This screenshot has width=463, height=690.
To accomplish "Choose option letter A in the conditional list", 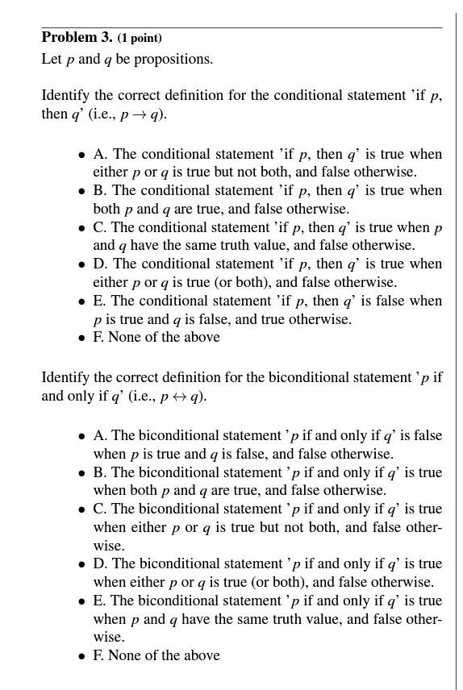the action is (x=98, y=154).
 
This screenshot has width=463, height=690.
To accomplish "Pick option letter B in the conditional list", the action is (x=98, y=191).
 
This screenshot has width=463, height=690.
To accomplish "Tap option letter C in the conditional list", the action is (x=98, y=227).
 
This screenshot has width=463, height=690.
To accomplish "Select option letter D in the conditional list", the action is (x=98, y=264).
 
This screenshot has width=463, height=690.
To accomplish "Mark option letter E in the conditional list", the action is (x=98, y=301).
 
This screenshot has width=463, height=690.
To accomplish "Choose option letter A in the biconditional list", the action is (x=98, y=436).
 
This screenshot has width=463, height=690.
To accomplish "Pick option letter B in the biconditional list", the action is (x=98, y=472).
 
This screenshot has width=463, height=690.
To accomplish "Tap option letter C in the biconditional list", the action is (x=98, y=509).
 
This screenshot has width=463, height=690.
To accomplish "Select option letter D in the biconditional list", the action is (x=98, y=564).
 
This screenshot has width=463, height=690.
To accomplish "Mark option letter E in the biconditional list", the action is (x=98, y=601).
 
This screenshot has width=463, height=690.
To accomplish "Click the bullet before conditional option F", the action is (x=81, y=338).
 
